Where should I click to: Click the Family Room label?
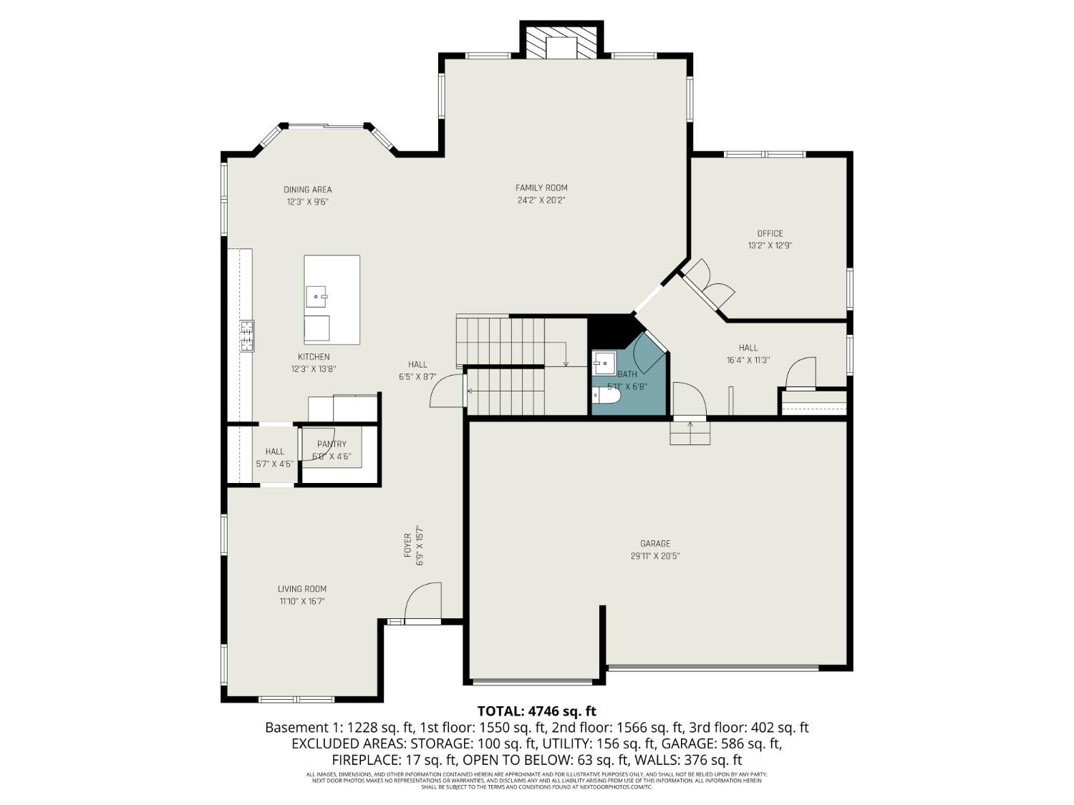click(x=541, y=188)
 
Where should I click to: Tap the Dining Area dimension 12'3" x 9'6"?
click(x=308, y=202)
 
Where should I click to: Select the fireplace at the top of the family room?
click(x=561, y=43)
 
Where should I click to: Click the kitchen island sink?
click(x=316, y=295)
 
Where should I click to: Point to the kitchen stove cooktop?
click(x=247, y=336)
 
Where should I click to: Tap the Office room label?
click(x=770, y=233)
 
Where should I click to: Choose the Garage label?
click(x=655, y=544)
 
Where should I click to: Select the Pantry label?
click(x=332, y=444)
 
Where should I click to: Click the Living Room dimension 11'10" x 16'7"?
click(x=302, y=602)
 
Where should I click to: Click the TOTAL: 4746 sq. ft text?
click(x=536, y=711)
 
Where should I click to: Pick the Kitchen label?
click(x=314, y=357)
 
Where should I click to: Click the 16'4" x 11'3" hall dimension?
click(x=748, y=361)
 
